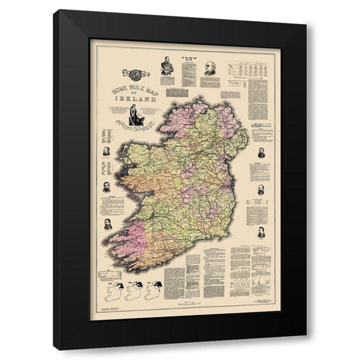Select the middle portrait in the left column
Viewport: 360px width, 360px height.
(x=106, y=184)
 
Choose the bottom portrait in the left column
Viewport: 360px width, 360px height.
(x=108, y=223)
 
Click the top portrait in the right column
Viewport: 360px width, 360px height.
(x=261, y=152)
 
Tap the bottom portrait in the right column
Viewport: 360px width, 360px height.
(x=261, y=232)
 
